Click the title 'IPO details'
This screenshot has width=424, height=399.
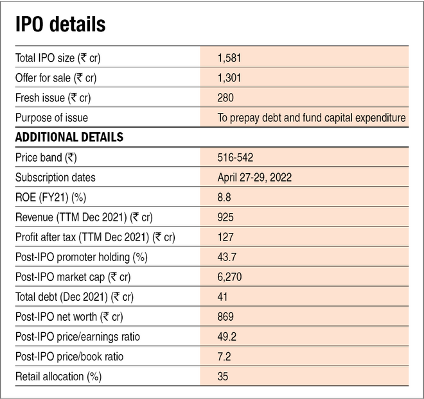[60, 25]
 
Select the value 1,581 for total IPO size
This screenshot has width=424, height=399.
[229, 58]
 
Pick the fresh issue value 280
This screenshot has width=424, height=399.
[226, 98]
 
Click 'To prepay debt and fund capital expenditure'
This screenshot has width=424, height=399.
[312, 117]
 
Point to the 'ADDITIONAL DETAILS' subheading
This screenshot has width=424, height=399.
[69, 137]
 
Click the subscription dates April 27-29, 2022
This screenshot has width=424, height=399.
[255, 177]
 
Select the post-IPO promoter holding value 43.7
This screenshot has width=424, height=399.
[227, 257]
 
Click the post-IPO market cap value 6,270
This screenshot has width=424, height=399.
[230, 276]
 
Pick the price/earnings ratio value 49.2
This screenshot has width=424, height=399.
[227, 336]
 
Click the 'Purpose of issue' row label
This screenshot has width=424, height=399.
[52, 117]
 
